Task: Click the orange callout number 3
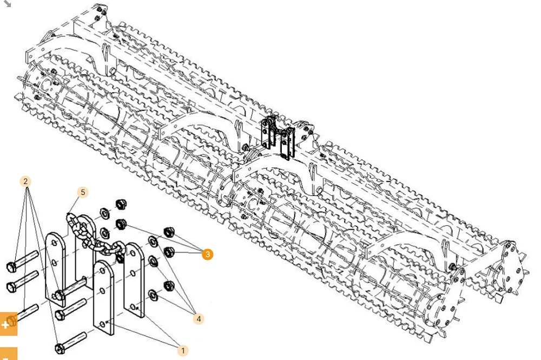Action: pos(207,254)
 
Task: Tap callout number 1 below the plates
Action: pos(183,351)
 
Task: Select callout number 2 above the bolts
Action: pos(25,181)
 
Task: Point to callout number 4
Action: pos(199,319)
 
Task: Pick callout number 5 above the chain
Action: pos(82,192)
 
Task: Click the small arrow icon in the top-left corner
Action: pos(7,4)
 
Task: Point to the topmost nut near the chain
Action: pos(121,205)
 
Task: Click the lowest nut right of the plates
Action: pos(168,285)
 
